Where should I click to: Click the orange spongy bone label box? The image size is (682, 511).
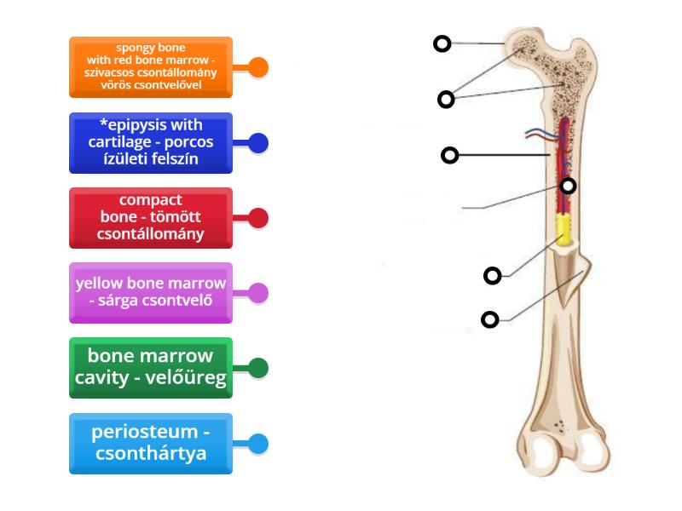[151, 66]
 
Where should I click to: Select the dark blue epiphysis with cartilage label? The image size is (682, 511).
[151, 142]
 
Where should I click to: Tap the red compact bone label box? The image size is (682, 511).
[151, 218]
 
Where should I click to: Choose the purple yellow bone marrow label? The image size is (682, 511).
[151, 293]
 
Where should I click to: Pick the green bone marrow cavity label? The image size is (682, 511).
[151, 368]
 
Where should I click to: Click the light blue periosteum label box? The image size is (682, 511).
[151, 443]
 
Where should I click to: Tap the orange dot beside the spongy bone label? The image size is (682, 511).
[257, 67]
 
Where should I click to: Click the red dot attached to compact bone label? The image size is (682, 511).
[257, 218]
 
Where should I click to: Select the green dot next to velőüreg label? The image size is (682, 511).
[257, 368]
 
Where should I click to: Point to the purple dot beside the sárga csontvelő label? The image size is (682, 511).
[257, 293]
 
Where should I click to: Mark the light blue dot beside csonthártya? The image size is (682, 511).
[257, 443]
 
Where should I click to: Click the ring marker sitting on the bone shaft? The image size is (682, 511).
[568, 186]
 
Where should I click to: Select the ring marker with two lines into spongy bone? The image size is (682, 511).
[446, 100]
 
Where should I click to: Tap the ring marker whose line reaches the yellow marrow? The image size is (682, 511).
[493, 275]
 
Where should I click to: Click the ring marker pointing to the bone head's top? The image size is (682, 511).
[442, 43]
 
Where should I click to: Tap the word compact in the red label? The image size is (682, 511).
[151, 200]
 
